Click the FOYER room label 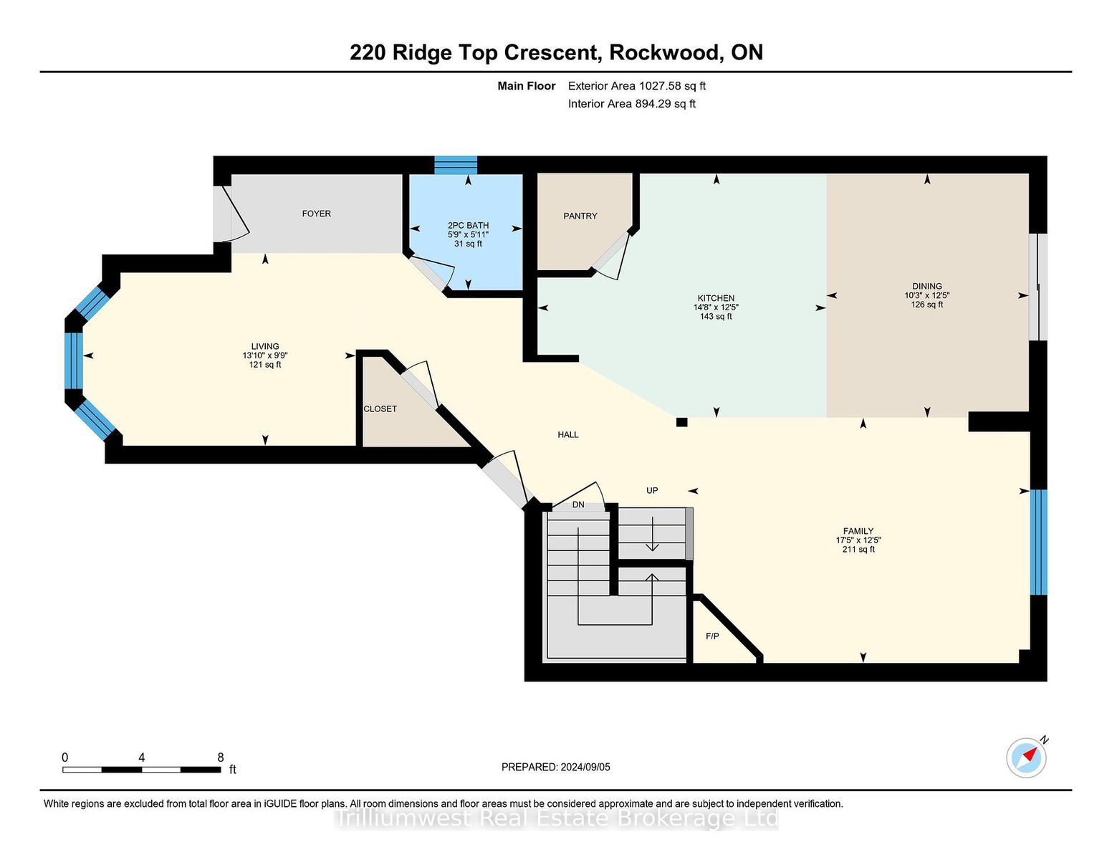click(x=316, y=214)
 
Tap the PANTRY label click(x=580, y=216)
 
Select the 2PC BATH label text click(x=469, y=225)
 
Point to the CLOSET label click(x=380, y=408)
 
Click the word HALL click(x=568, y=435)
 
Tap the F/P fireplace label click(x=712, y=636)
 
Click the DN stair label click(x=578, y=505)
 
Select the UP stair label click(x=652, y=490)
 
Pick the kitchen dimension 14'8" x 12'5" click(x=716, y=307)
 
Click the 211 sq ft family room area click(x=858, y=550)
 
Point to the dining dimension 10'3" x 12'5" click(x=927, y=295)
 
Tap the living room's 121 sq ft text click(x=265, y=365)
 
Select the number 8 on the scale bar click(x=221, y=758)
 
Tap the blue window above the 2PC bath click(x=456, y=166)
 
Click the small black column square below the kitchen click(x=681, y=422)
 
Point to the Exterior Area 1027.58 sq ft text click(x=636, y=86)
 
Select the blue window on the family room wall click(x=1038, y=543)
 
